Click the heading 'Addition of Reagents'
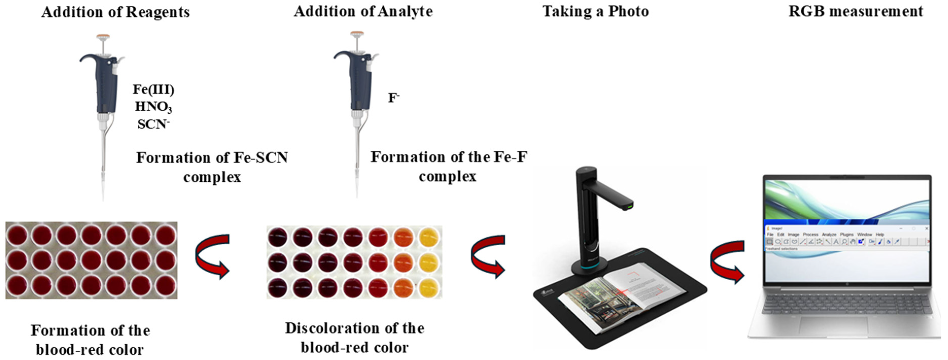[x=116, y=12]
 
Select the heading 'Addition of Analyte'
[x=363, y=11]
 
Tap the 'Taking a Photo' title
[x=595, y=11]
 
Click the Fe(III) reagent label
[x=153, y=90]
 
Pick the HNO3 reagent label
[x=153, y=107]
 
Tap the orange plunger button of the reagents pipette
[x=103, y=37]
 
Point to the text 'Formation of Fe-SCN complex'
[x=212, y=167]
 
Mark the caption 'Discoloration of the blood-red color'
[x=354, y=337]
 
